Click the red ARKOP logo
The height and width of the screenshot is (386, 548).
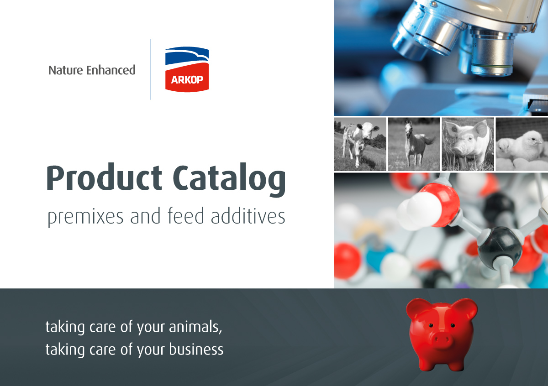(187, 80)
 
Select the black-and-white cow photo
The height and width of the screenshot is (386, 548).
(360, 144)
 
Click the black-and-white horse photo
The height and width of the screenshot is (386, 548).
(414, 144)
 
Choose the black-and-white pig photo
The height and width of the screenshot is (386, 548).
(468, 144)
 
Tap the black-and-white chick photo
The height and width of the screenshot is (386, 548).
(522, 144)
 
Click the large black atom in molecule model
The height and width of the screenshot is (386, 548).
(500, 249)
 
